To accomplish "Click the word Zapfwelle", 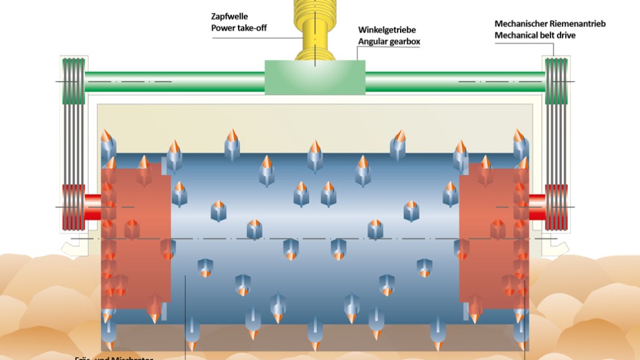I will point(228,17).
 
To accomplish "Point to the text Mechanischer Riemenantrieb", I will point(550,24).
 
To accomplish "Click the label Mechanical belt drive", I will point(535,35).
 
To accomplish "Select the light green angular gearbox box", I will point(315,77).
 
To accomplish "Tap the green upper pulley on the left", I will point(72,81).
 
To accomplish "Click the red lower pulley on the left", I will point(72,208).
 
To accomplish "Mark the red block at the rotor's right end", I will point(494,232).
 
